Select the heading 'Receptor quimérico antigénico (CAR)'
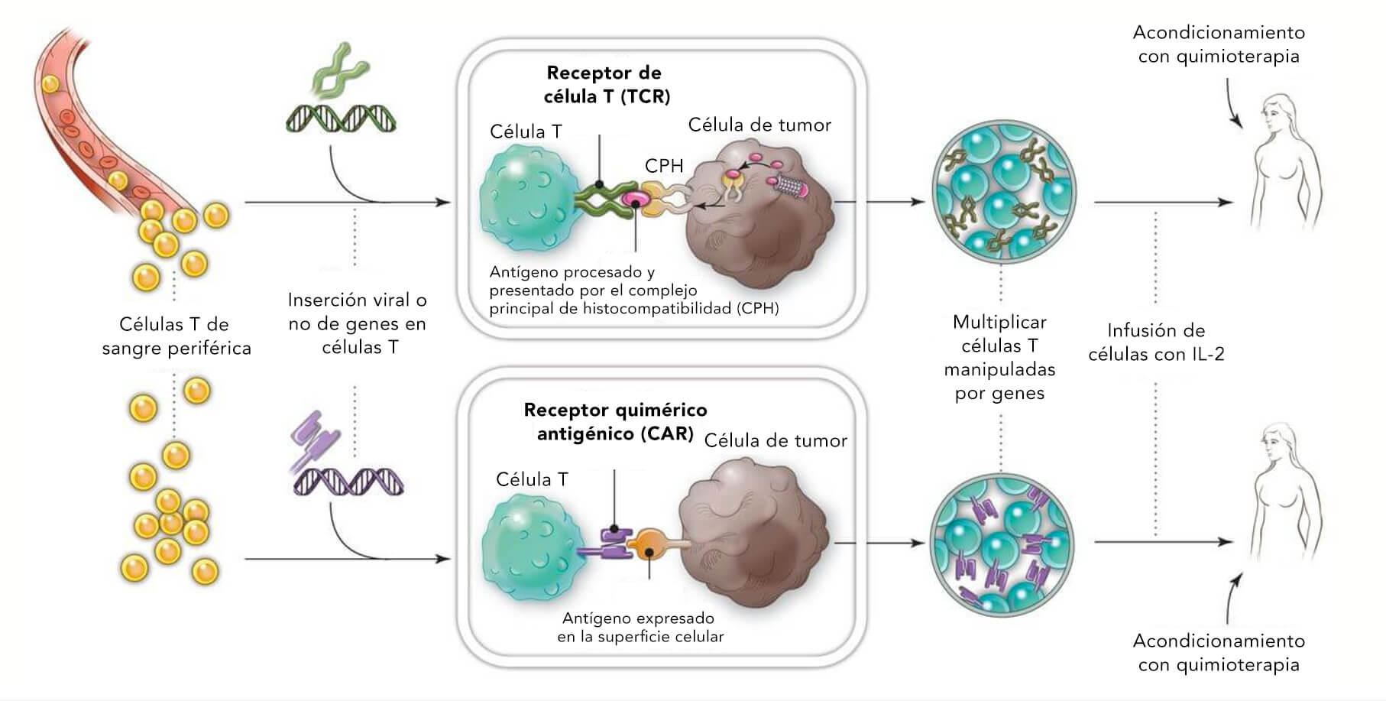click(x=614, y=421)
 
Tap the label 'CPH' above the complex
click(x=663, y=166)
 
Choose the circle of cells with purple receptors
click(x=1002, y=543)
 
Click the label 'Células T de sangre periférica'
click(x=176, y=336)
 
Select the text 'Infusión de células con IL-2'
click(x=1155, y=342)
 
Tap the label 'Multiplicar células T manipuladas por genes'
click(x=999, y=357)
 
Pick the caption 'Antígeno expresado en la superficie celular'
click(x=640, y=627)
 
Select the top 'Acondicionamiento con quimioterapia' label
click(x=1218, y=44)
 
